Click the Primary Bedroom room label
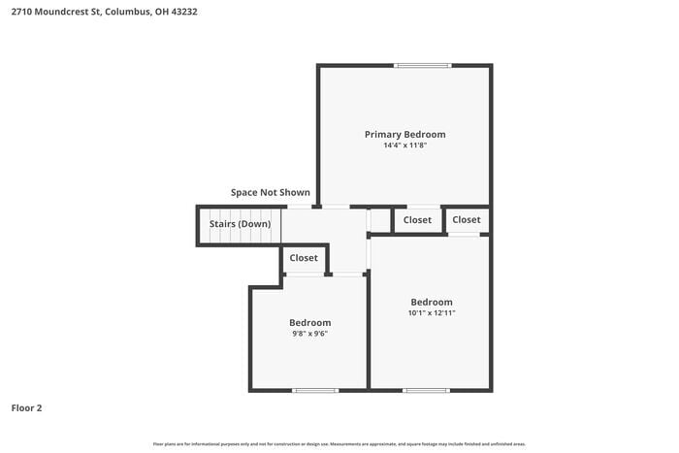(404, 134)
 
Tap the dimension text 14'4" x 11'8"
(404, 146)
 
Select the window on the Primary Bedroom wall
(422, 66)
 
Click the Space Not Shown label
(271, 192)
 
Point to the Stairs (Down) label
(240, 224)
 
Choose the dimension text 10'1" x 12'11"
(431, 313)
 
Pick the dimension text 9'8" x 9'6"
(309, 334)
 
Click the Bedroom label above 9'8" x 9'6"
(309, 322)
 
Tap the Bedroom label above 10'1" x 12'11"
(431, 302)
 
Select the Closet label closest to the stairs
(304, 258)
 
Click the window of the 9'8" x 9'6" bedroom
(315, 390)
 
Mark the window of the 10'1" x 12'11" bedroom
(427, 390)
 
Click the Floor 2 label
(26, 408)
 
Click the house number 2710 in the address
(18, 11)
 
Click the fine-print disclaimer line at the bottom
(339, 443)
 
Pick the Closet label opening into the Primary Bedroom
(417, 220)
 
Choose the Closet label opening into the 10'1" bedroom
(466, 220)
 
